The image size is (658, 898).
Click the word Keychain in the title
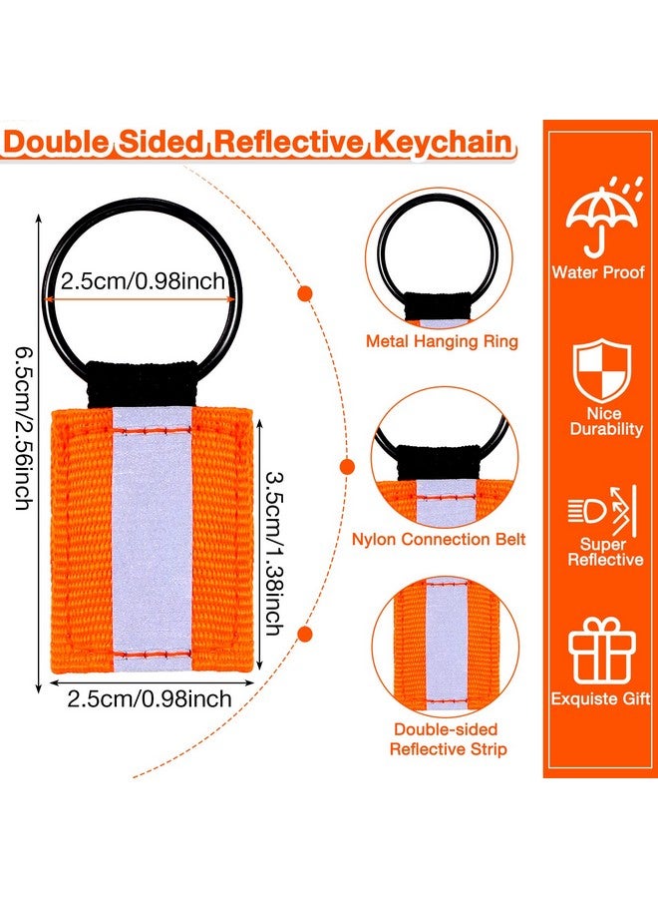click(443, 144)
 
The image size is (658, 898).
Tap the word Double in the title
click(56, 143)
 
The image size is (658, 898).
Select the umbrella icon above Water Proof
click(603, 218)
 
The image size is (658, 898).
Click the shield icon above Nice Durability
click(602, 369)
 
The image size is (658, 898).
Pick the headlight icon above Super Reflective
click(602, 510)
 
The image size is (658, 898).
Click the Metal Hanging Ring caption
click(442, 341)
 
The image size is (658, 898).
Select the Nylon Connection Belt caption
click(439, 540)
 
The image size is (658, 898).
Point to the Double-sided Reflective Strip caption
click(448, 739)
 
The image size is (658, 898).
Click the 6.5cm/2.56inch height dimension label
click(23, 428)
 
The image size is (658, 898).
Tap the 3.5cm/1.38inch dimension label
click(275, 553)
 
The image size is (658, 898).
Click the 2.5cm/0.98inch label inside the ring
click(143, 281)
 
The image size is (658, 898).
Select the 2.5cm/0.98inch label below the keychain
click(150, 698)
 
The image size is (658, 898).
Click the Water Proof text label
click(598, 272)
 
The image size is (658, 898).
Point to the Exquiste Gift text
click(600, 698)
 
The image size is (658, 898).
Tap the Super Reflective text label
click(605, 552)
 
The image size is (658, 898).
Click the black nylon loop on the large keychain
click(142, 382)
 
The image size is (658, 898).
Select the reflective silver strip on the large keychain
click(152, 540)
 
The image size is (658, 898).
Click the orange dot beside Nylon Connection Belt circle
click(347, 467)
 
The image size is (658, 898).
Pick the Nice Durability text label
click(606, 421)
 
